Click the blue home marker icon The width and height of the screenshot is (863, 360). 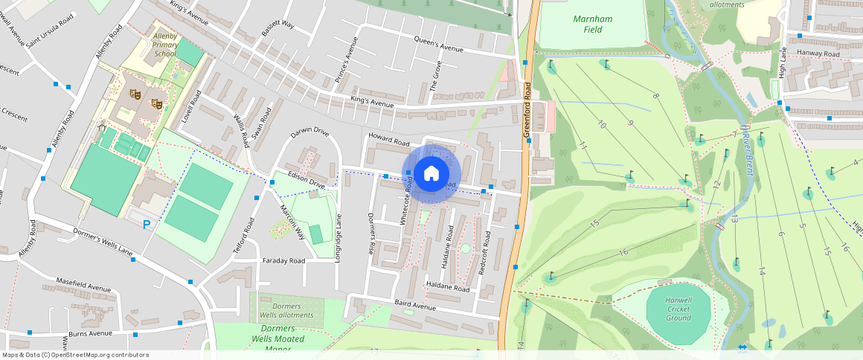click(x=431, y=174)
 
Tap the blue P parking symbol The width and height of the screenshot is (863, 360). click(x=147, y=223)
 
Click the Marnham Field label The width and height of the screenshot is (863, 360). click(x=593, y=24)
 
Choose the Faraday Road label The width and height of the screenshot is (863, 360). click(x=283, y=261)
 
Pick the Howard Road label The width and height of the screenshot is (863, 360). click(x=389, y=138)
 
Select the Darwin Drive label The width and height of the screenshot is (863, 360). click(x=309, y=132)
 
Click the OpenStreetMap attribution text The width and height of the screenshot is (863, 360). click(x=76, y=355)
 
